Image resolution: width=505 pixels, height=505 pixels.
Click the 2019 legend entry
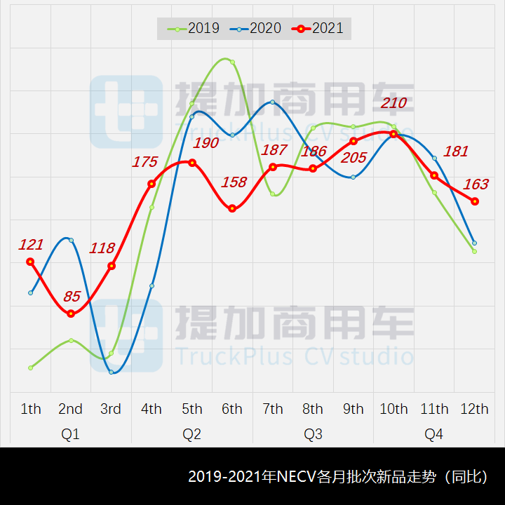[x=194, y=29]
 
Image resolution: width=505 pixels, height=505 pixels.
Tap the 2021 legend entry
[x=319, y=29]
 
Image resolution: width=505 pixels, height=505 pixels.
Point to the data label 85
[x=72, y=296]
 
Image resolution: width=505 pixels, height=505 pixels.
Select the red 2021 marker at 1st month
[x=30, y=262]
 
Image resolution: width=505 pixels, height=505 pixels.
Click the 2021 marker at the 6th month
[x=232, y=208]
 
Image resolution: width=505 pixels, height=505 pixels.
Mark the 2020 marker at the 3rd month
[x=112, y=372]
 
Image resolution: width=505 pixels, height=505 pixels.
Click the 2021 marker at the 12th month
[x=475, y=201]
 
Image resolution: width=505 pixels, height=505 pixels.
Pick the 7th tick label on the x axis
[x=272, y=409]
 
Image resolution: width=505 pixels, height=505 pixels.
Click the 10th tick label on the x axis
[x=393, y=409]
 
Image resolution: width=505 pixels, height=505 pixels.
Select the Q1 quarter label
[x=71, y=434]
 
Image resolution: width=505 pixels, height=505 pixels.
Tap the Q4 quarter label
[x=434, y=434]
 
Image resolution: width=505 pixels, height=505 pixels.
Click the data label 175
[x=145, y=162]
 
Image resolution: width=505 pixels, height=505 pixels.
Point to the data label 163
[x=476, y=184]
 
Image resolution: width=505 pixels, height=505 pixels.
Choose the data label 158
[x=234, y=182]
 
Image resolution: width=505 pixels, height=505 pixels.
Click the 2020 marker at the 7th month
[x=272, y=102]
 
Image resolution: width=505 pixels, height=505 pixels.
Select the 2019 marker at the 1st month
[x=31, y=368]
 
